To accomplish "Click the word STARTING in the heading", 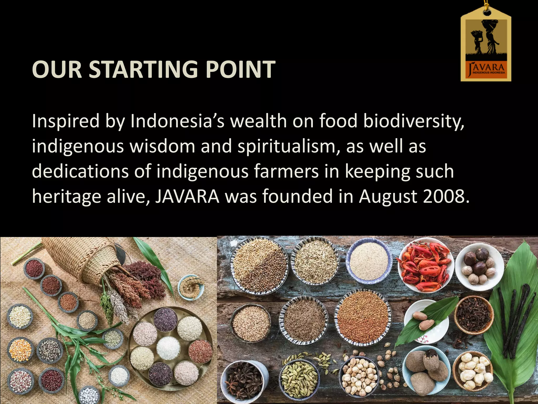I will pyautogui.click(x=143, y=69).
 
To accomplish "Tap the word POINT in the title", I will pyautogui.click(x=240, y=69).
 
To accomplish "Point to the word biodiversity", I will pyautogui.click(x=413, y=122).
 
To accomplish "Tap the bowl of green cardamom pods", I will pyautogui.click(x=299, y=376).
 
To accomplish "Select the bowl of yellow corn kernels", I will pyautogui.click(x=20, y=350).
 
